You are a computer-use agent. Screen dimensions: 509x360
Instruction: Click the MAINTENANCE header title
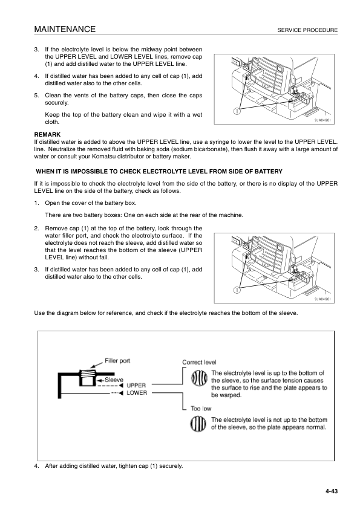click(65, 29)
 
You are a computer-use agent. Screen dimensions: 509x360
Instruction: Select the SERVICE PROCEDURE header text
click(307, 30)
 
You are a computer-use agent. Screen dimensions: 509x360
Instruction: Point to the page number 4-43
click(330, 491)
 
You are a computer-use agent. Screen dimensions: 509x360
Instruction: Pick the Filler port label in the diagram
click(118, 361)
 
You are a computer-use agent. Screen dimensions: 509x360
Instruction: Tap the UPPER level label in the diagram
click(136, 385)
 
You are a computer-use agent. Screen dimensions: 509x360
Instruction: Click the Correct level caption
click(199, 362)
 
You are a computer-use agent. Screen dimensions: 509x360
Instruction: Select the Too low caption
click(201, 409)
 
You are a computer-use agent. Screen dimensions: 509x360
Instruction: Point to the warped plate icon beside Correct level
click(199, 379)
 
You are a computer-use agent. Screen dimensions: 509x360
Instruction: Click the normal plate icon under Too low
click(199, 424)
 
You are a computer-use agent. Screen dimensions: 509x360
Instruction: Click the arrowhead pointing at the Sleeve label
click(100, 379)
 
